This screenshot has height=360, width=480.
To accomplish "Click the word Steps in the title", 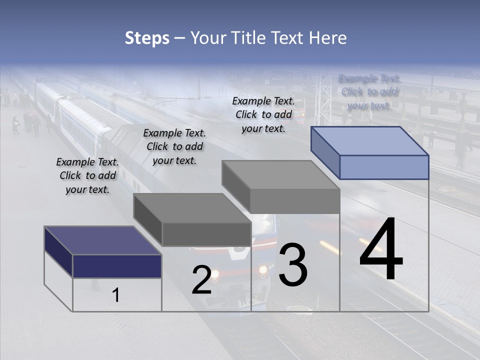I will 147,38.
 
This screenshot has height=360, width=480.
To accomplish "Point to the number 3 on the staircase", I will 293,265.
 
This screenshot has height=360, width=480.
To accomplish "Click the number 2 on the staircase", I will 201,280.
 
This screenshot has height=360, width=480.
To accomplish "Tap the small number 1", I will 115,295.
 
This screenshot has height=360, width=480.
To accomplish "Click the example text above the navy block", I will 87,175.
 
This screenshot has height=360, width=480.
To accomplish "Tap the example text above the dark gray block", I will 174,146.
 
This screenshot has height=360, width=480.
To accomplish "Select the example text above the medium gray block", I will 263,114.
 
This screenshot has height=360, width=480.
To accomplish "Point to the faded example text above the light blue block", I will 369,92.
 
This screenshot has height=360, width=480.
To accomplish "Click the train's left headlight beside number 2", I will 215,273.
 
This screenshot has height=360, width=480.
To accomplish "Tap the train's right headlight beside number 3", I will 263,270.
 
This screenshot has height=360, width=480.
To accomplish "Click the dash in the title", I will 179,38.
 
